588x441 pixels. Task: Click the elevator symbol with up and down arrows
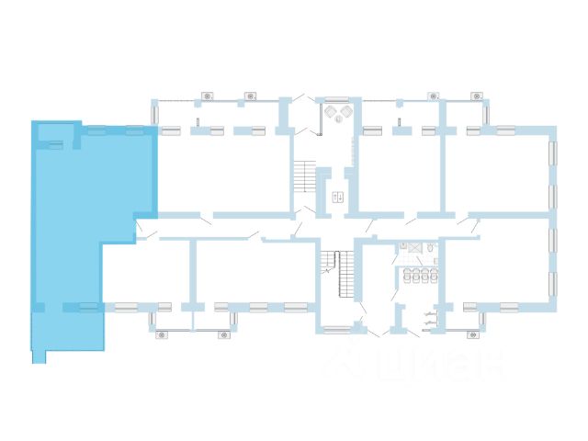coord(337,198)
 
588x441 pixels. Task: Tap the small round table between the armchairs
coord(337,119)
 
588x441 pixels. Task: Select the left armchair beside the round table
coord(330,111)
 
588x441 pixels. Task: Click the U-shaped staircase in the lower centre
coord(337,274)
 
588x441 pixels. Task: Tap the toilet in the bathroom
coord(430,248)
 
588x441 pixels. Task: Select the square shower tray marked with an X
coord(414,247)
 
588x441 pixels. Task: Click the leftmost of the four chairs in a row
coord(406,275)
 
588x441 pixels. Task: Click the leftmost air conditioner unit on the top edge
coord(207,96)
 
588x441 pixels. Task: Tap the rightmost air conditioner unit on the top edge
coord(476,96)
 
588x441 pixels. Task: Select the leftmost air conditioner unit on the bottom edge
coord(162,334)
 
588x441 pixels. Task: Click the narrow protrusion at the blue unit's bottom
coord(39,356)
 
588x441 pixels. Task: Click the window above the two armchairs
coord(336,98)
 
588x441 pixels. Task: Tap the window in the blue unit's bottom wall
coord(88,307)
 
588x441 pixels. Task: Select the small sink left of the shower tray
coord(403,245)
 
